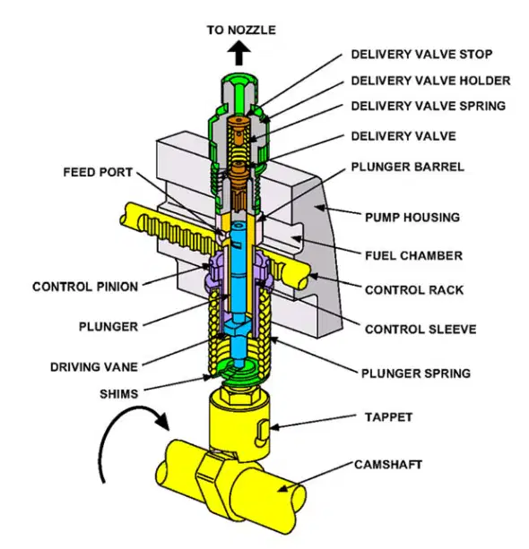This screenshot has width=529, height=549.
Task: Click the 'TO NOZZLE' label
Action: (241, 30)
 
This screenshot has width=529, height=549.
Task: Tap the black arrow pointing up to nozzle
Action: (239, 53)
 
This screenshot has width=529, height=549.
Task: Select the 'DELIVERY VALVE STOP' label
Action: (421, 55)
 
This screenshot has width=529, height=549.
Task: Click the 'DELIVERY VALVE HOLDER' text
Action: (431, 81)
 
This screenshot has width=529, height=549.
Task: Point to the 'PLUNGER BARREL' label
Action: (408, 167)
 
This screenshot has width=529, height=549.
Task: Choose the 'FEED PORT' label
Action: (98, 172)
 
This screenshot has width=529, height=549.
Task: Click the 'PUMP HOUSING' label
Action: (412, 218)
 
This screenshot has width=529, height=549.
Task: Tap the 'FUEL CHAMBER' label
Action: (413, 255)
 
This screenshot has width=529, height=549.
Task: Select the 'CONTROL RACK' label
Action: (414, 290)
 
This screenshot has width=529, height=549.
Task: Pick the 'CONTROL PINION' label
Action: (85, 287)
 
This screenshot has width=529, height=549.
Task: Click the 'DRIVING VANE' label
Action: (94, 367)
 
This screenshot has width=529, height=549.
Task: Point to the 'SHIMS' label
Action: (119, 394)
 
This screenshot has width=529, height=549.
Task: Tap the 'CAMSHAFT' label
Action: (388, 465)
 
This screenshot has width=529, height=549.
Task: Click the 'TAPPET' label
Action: (388, 417)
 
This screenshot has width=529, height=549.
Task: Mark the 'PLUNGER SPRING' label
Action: (416, 373)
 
